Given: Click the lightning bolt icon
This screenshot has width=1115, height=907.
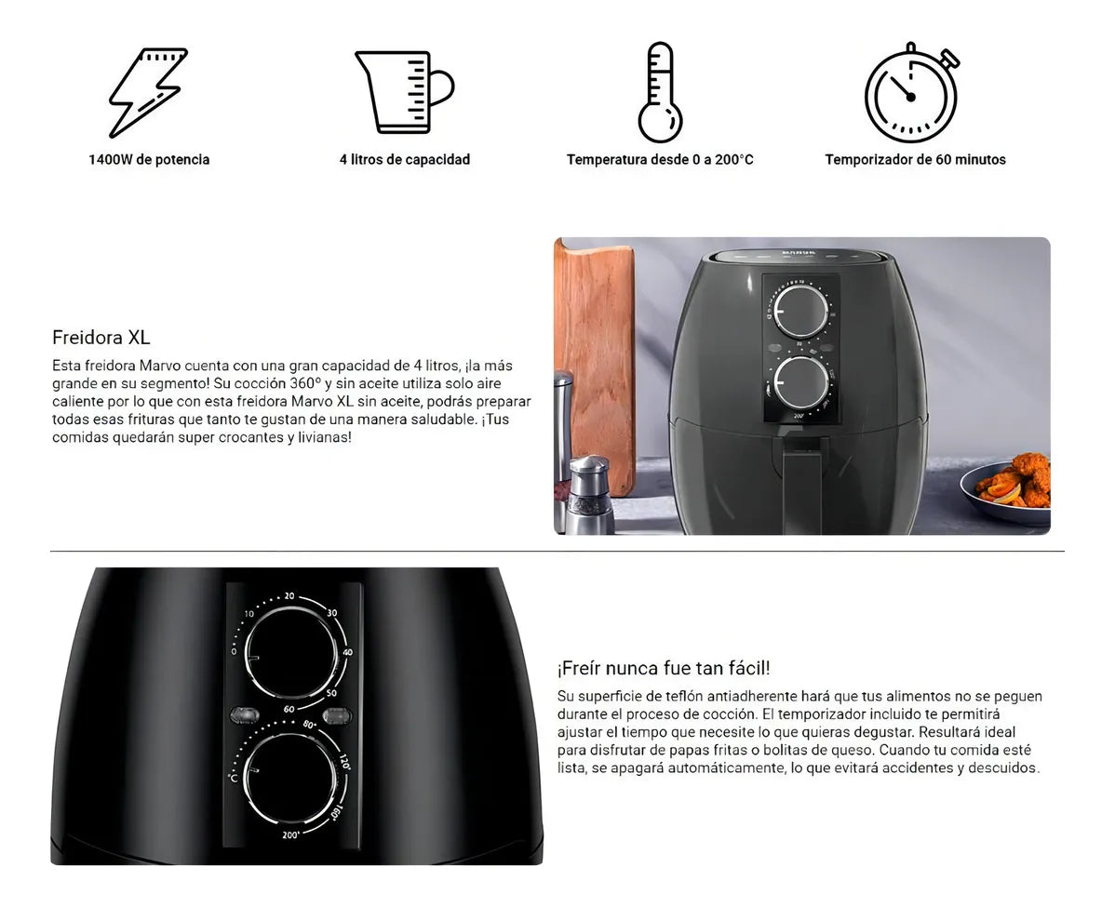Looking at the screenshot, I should click(x=149, y=91).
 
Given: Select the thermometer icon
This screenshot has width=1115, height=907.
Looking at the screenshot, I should click(x=660, y=92).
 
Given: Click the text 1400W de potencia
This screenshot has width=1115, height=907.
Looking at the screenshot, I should click(x=149, y=160).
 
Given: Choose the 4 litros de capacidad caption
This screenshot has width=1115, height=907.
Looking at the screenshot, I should click(x=405, y=160).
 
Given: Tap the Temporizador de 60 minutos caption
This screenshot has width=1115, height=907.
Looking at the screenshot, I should click(x=915, y=160).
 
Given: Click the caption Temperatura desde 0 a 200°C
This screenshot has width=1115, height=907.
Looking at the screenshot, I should click(x=660, y=160).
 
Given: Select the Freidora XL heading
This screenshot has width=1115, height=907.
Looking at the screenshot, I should click(x=101, y=338).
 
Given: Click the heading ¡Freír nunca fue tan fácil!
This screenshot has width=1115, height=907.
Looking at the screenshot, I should click(x=664, y=668).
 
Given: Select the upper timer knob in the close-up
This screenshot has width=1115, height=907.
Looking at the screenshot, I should click(x=289, y=654).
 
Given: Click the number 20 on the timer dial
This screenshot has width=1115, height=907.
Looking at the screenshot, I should click(x=289, y=596).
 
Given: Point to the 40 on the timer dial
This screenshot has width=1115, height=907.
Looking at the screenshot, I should click(x=347, y=652).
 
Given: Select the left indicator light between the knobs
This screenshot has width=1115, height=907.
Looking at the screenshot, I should click(x=244, y=715).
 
